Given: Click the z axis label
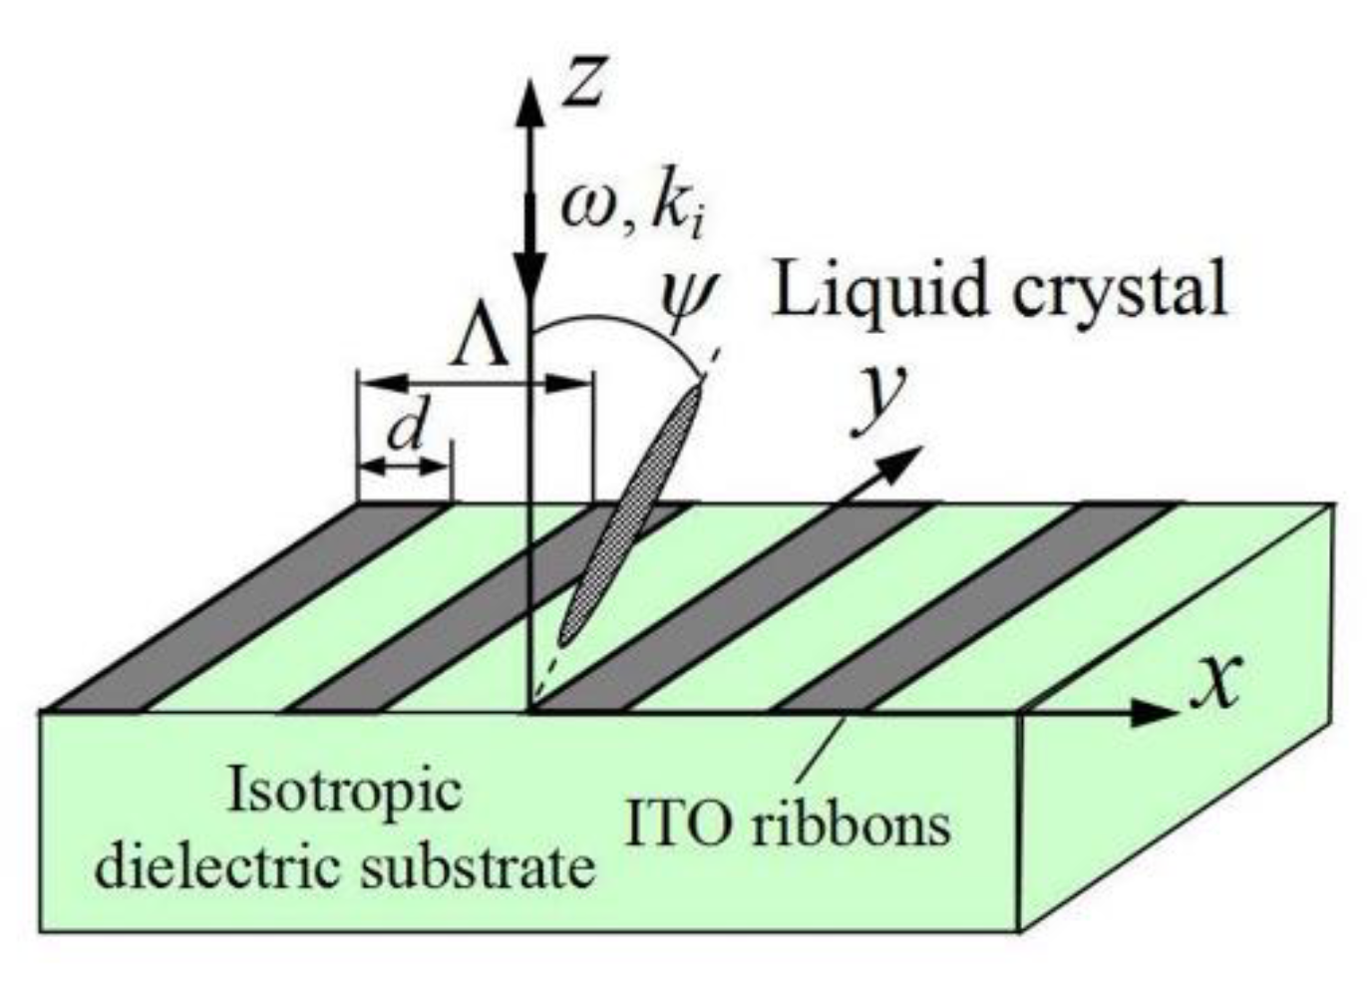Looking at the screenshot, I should click(x=584, y=80).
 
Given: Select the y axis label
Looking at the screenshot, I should click(x=879, y=399).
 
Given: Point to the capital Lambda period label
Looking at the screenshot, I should click(x=481, y=344).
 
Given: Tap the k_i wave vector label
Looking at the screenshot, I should click(x=680, y=208).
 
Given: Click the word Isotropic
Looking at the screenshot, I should click(x=345, y=790).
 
